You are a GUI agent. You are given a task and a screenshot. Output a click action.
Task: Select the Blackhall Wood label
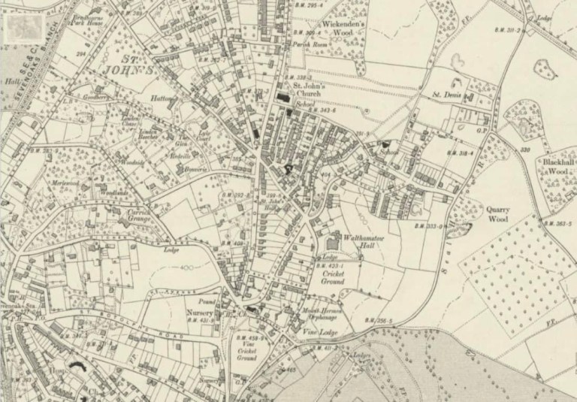pos(554,166)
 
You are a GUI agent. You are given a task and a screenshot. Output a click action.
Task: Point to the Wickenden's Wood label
pos(342,29)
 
